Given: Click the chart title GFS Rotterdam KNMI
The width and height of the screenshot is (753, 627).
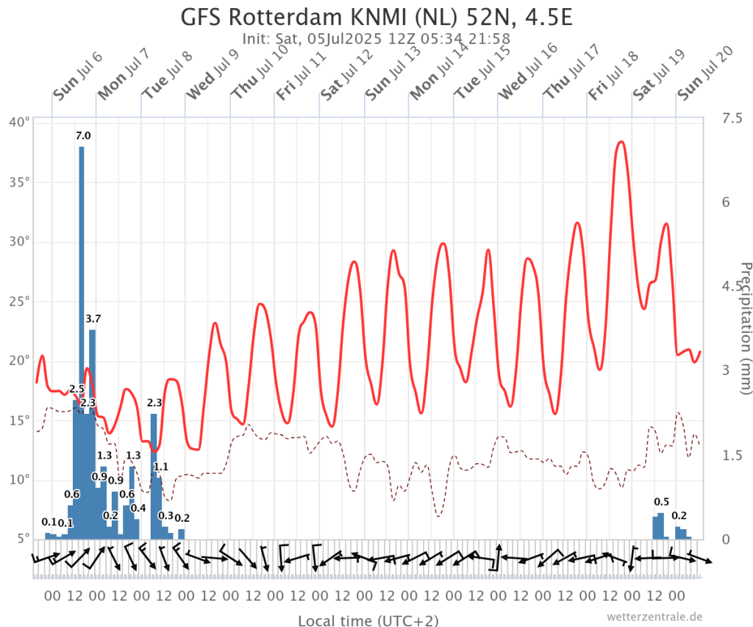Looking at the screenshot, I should coord(376,16).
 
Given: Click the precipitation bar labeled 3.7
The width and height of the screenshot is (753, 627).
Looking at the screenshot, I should coord(93,434).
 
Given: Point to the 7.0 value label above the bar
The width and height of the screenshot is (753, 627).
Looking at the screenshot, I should coord(83,135).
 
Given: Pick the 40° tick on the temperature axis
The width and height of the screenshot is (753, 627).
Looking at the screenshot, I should coord(20,122).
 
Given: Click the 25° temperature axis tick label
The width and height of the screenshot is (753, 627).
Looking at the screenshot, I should coord(20,301).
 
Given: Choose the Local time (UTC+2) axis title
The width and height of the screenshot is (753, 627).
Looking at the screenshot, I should coord(368,620).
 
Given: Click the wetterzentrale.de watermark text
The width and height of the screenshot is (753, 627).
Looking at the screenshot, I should coord(655,617).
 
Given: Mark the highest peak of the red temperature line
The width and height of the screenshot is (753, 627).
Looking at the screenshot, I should coord(621,141).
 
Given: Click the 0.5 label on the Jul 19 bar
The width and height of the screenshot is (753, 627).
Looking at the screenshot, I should coord(661,502).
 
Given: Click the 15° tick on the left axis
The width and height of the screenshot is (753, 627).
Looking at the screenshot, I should coord(20,420).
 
